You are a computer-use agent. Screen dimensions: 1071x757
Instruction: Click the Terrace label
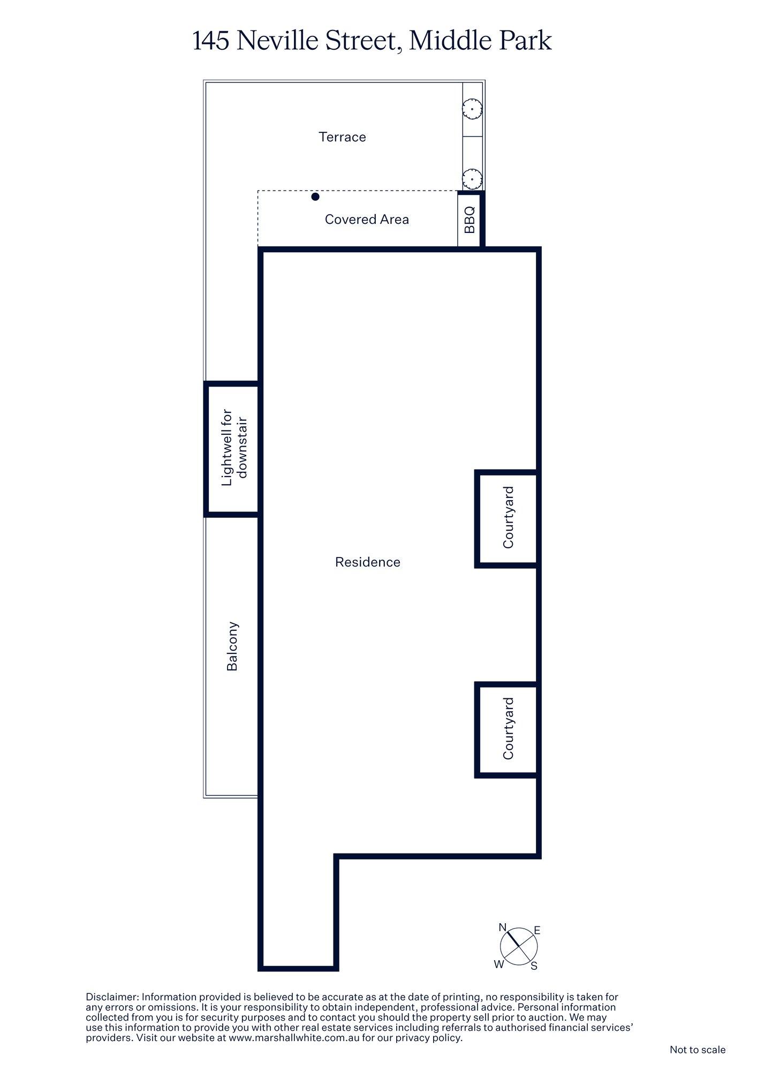(x=342, y=137)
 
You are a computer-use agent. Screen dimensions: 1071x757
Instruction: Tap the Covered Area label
(x=367, y=220)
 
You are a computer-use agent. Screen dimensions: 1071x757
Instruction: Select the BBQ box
(x=470, y=220)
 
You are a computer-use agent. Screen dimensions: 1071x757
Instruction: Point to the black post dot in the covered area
(x=315, y=197)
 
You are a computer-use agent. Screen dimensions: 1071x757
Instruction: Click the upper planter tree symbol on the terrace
(x=473, y=109)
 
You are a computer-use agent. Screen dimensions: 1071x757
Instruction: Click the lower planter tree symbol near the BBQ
(x=473, y=178)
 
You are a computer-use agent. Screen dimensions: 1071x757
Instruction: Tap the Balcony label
(x=232, y=646)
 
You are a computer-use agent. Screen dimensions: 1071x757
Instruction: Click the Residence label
(x=367, y=562)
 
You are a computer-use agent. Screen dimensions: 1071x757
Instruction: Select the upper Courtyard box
(x=507, y=518)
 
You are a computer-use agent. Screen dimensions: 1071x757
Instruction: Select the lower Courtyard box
(x=507, y=729)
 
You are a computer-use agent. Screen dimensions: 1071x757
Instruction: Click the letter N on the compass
(x=502, y=927)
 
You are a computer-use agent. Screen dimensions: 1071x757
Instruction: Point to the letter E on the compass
(x=537, y=931)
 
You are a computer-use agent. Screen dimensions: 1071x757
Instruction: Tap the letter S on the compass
(x=534, y=966)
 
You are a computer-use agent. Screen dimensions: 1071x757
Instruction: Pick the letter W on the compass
(x=498, y=964)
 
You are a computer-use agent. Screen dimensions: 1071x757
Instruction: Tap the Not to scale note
(x=697, y=1050)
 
